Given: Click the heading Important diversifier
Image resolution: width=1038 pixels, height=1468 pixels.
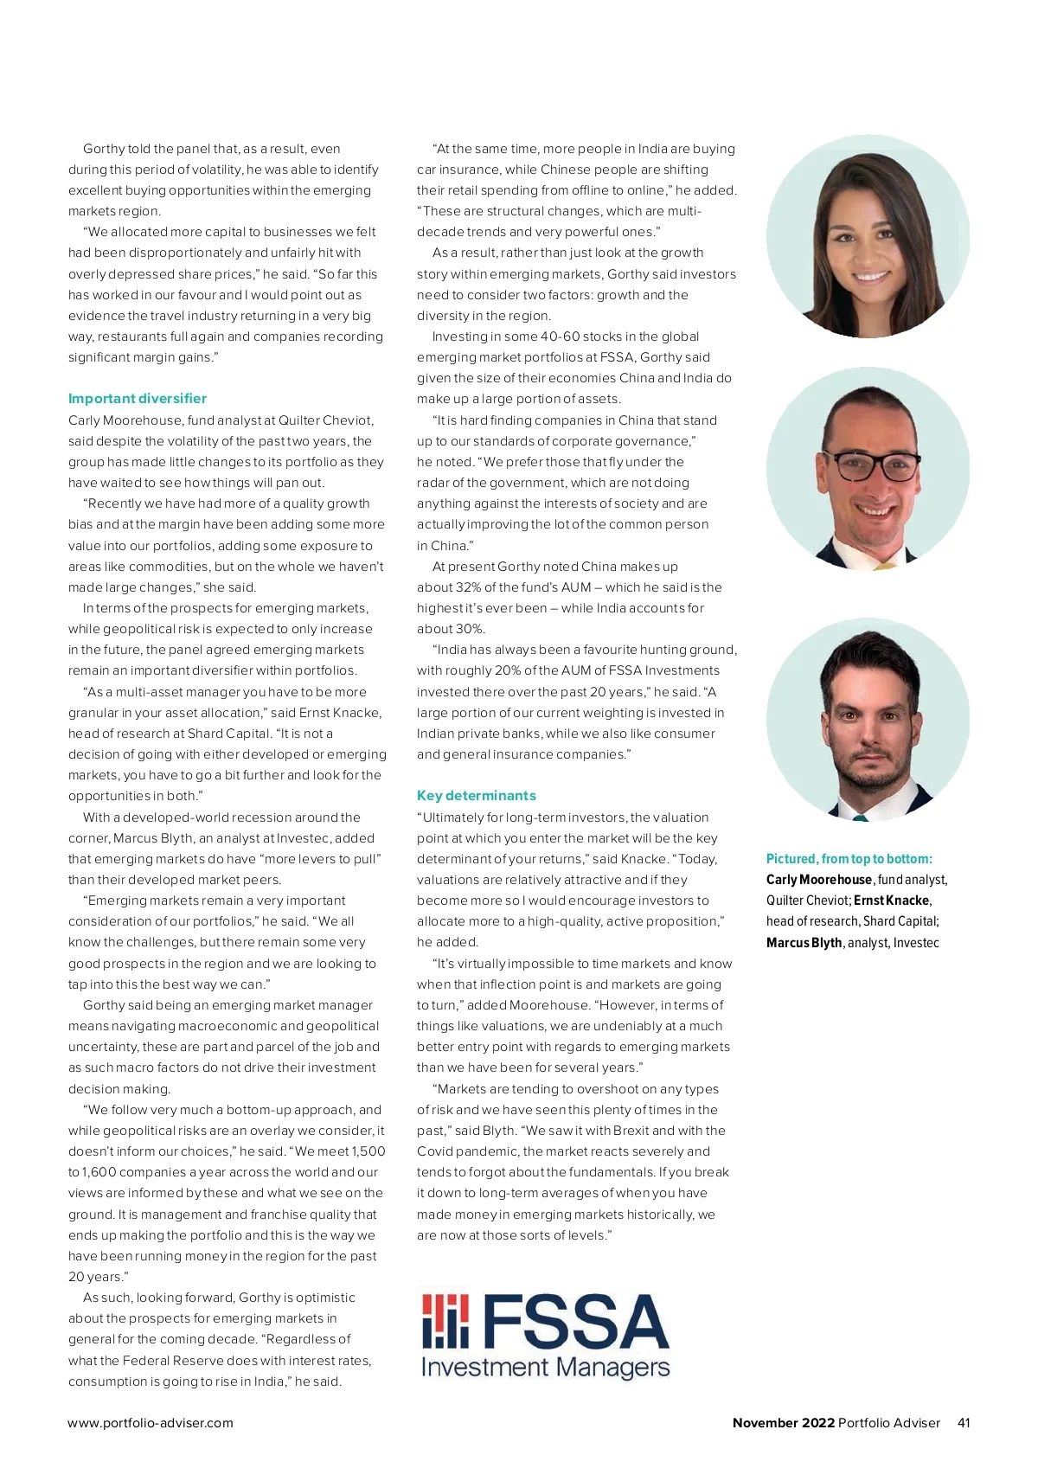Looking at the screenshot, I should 138,399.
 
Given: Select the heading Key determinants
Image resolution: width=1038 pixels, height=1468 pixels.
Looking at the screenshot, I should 476,796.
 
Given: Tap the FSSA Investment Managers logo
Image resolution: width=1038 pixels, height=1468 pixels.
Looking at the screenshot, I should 545,1335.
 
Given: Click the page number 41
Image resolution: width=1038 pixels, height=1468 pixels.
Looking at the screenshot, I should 964,1423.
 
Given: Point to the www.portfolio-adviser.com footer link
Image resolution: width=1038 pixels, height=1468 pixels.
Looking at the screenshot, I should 151,1423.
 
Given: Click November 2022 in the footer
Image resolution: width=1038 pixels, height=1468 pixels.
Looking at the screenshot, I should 784,1423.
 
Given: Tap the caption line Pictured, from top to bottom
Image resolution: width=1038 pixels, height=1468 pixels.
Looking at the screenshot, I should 849,859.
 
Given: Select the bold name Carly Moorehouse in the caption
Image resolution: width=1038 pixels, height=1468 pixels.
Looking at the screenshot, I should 818,880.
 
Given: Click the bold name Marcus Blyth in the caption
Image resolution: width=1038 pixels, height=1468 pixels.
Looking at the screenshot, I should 804,943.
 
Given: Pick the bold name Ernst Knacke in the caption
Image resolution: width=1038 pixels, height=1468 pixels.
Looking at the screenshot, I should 892,901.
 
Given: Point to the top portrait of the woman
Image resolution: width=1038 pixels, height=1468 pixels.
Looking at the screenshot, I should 868,236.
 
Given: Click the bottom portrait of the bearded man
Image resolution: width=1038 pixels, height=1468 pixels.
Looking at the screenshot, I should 868,719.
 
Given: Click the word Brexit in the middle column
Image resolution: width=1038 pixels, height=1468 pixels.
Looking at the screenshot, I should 631,1131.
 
